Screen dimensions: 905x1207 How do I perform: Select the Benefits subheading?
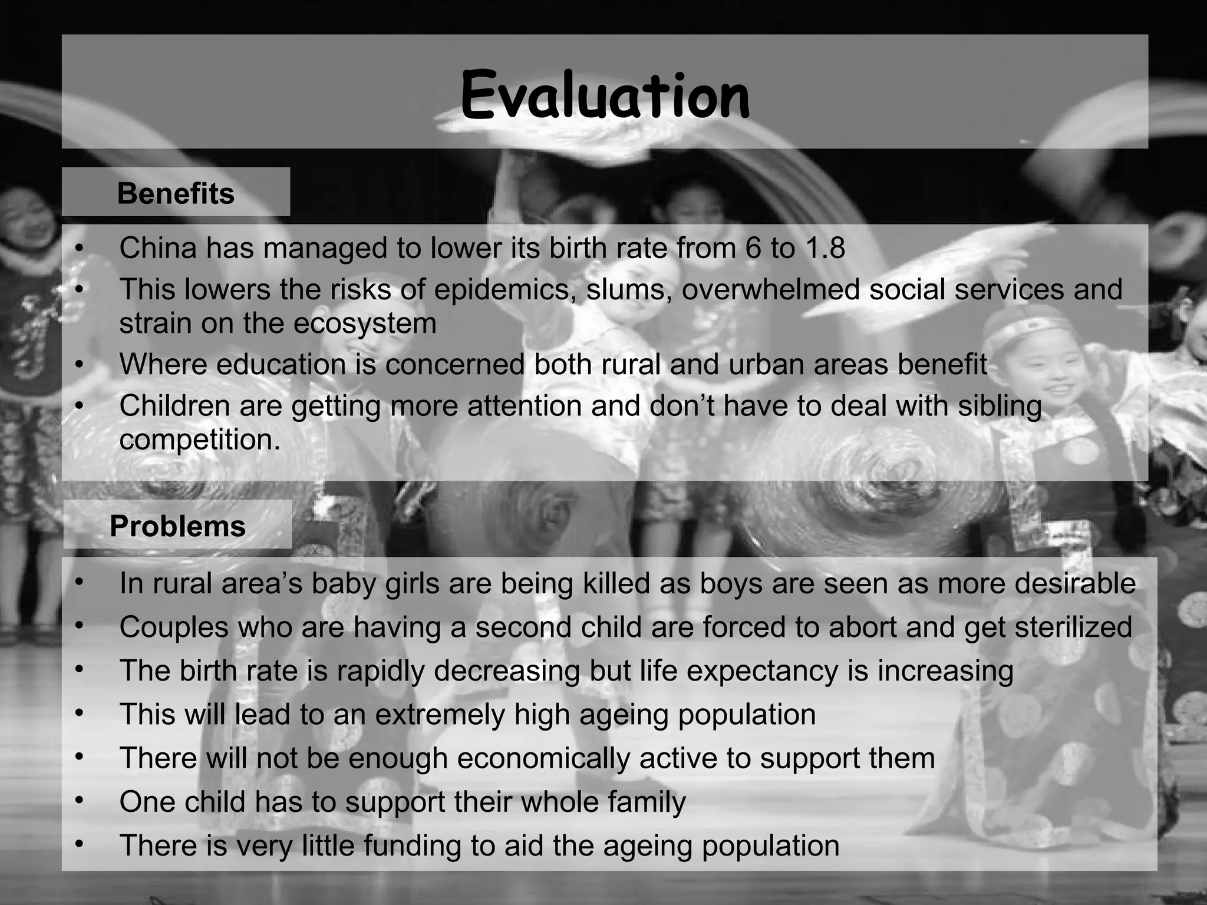176,193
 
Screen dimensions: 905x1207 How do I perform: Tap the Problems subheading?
177,526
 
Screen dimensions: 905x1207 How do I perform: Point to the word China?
158,248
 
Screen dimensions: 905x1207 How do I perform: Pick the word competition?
200,439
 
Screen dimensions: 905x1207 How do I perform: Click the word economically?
543,758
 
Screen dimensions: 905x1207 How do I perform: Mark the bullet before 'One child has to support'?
80,801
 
